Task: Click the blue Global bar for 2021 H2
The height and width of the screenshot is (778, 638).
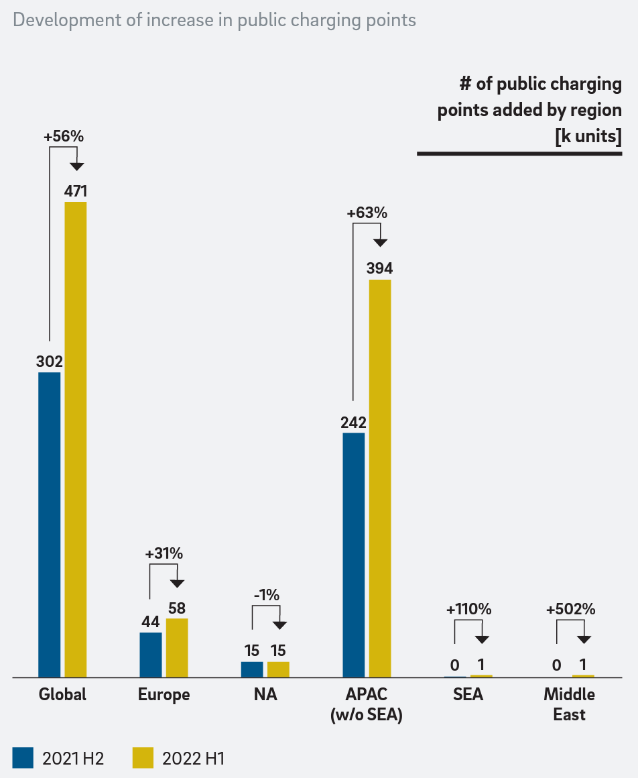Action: [50, 524]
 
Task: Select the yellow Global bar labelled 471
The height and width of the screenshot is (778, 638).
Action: [76, 439]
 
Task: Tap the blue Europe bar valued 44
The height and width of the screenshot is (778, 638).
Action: [151, 655]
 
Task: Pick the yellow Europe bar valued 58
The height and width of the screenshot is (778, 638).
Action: [177, 648]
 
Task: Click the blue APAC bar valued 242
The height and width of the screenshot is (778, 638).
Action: [354, 555]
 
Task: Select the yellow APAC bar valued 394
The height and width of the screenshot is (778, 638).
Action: [380, 478]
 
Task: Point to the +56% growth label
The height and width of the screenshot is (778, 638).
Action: [64, 136]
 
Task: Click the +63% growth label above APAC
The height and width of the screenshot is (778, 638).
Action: [367, 213]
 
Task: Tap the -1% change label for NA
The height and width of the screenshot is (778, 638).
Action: [266, 595]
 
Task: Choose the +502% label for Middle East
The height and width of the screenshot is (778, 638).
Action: [570, 610]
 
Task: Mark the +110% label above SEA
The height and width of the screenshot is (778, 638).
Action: [468, 610]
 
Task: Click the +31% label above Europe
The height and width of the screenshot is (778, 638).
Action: [164, 554]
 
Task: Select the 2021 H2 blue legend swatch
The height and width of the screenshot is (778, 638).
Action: [23, 758]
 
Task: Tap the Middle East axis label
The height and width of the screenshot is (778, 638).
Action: [569, 704]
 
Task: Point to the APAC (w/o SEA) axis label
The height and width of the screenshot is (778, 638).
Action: [366, 704]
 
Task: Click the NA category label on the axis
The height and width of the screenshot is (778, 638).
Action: [265, 695]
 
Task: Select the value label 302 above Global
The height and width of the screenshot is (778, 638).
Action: [50, 362]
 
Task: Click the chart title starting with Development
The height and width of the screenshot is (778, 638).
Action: [214, 20]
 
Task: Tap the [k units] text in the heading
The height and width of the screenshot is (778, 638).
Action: [588, 136]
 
